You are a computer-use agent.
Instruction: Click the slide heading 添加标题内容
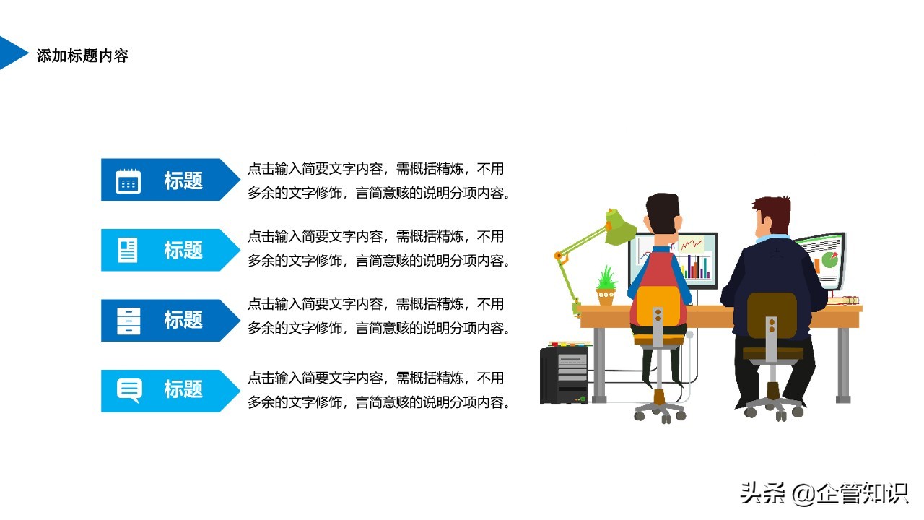[x=82, y=56]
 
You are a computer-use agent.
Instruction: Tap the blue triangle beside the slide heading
[x=12, y=53]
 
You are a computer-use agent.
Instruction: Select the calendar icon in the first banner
[x=128, y=181]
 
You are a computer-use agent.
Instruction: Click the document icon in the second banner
[x=128, y=250]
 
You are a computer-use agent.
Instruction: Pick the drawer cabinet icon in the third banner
[x=128, y=321]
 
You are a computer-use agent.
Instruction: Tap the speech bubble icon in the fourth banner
[x=129, y=390]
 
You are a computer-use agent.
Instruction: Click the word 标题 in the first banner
[x=183, y=181]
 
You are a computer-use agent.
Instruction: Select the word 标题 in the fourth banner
[x=183, y=389]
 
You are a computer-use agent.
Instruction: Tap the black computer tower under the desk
[x=564, y=375]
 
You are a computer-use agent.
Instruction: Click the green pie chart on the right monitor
[x=829, y=260]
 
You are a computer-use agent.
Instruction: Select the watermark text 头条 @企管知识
[x=824, y=493]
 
